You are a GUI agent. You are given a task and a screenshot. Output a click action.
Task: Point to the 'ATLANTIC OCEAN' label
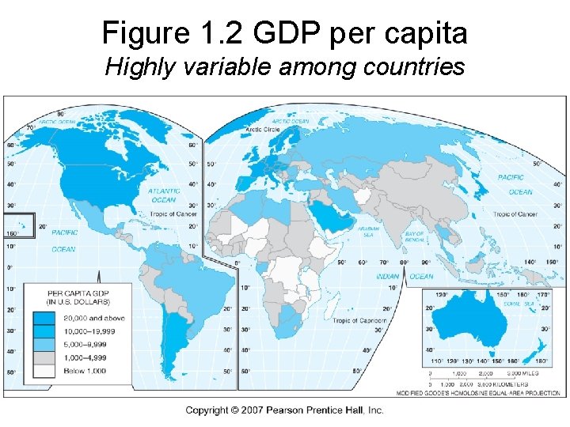pyautogui.click(x=164, y=195)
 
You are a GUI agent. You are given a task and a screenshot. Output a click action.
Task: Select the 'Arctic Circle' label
pyautogui.click(x=264, y=129)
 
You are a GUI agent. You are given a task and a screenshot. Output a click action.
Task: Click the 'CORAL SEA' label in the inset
pyautogui.click(x=518, y=304)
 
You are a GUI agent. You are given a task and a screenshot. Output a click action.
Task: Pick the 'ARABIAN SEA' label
pyautogui.click(x=369, y=231)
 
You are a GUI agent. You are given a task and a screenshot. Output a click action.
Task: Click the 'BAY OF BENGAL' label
pyautogui.click(x=415, y=237)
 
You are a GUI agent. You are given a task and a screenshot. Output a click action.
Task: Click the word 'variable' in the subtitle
pyautogui.click(x=230, y=67)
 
